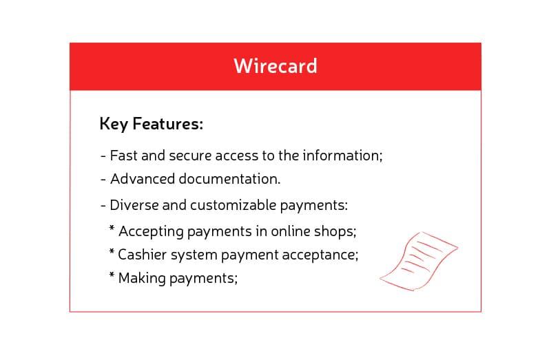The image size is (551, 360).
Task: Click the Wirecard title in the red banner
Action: click(275, 65)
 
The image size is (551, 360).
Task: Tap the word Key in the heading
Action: click(114, 125)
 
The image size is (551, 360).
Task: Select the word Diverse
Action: click(133, 205)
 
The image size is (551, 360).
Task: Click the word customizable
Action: click(234, 205)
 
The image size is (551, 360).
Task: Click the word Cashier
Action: click(140, 255)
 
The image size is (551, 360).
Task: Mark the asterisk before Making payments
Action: click(111, 275)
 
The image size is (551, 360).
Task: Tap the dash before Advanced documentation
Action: click(103, 180)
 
